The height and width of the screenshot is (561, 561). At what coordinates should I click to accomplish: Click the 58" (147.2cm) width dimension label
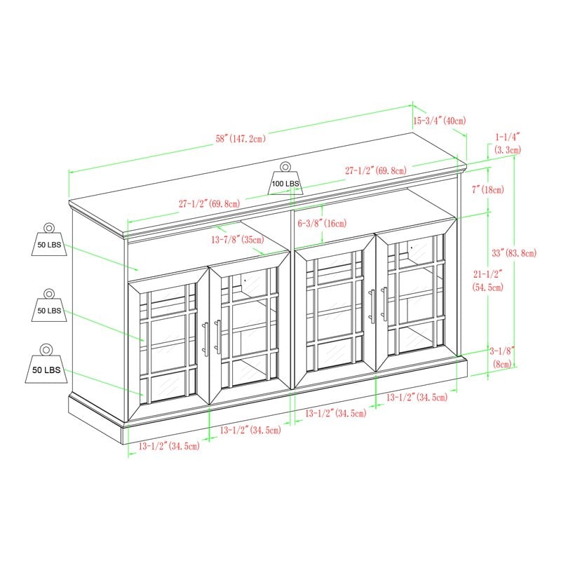[241, 138]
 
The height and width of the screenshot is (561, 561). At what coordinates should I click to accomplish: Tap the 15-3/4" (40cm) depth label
[440, 121]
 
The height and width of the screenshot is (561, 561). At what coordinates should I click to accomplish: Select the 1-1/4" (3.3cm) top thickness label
[508, 143]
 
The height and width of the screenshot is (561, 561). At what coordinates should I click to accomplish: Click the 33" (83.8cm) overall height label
[514, 253]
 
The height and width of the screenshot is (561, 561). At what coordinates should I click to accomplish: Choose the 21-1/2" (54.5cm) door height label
[487, 280]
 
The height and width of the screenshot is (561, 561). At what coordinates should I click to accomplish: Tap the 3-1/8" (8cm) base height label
[502, 357]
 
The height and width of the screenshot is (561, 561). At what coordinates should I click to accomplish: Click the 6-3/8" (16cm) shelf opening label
[323, 224]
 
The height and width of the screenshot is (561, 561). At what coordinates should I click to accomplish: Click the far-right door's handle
[384, 304]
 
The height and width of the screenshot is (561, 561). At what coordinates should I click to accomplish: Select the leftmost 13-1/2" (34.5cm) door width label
[169, 446]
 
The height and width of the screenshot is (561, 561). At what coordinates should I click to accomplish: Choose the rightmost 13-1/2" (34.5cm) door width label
[417, 397]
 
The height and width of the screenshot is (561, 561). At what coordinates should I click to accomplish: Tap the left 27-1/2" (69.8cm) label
[210, 204]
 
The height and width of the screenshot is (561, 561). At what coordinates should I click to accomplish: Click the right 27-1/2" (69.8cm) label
[376, 170]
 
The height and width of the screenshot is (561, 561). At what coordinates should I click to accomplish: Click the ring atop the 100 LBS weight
[285, 167]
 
